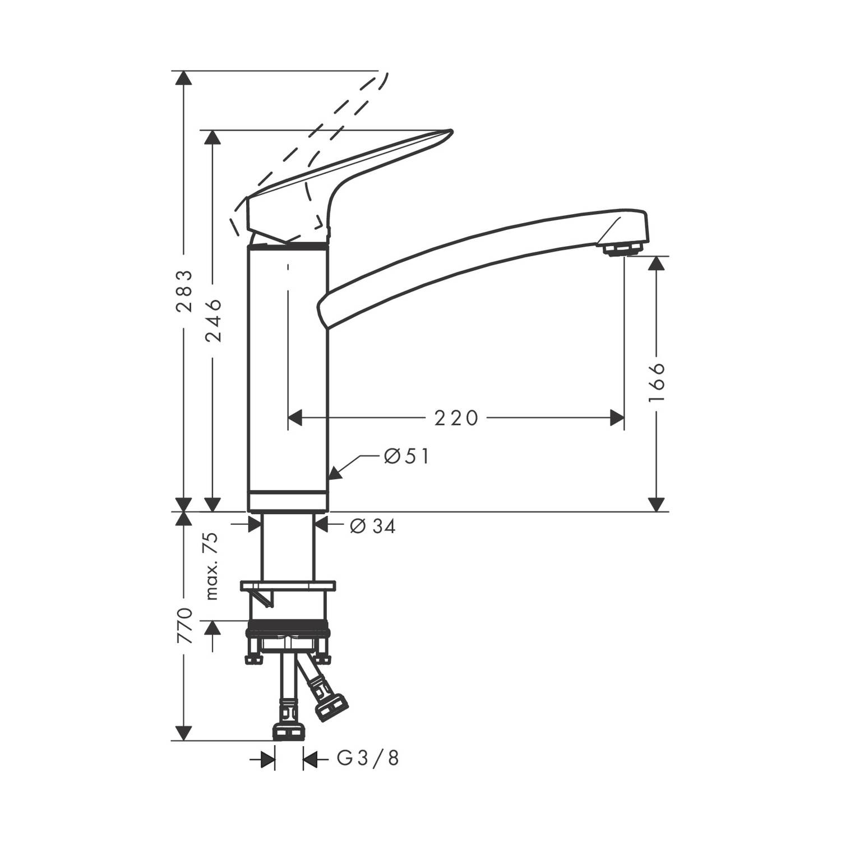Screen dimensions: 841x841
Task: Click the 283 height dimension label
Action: coord(184,291)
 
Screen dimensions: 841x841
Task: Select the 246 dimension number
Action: coord(213,321)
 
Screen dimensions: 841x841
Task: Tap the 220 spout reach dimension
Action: coord(456,418)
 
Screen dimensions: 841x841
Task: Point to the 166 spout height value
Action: coord(657,382)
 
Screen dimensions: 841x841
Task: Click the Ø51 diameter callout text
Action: coord(406,456)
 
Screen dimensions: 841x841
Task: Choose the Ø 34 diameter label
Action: coord(373,526)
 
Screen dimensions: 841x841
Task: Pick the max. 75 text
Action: coord(212,567)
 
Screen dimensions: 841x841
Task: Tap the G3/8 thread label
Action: coord(368,759)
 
